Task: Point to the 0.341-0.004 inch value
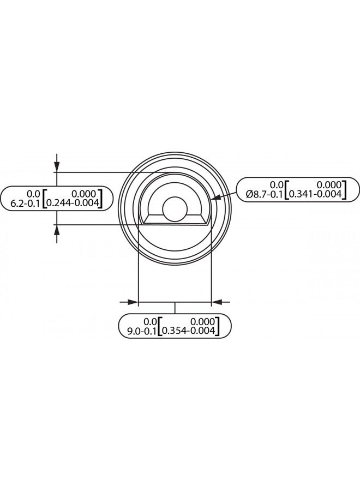click(x=315, y=194)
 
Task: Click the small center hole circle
click(x=174, y=208)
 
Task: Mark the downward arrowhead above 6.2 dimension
click(x=56, y=166)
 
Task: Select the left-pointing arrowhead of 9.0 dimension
click(x=217, y=301)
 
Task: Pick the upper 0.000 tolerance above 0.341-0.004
click(x=329, y=184)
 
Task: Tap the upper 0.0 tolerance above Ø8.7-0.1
click(x=277, y=184)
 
